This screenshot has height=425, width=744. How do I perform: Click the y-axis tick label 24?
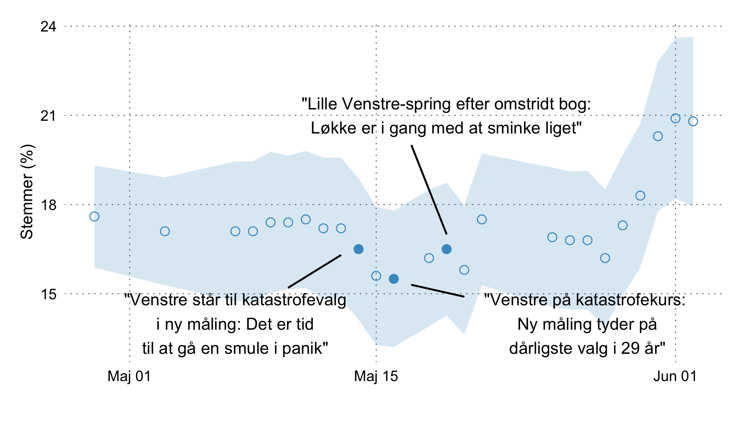click(x=48, y=27)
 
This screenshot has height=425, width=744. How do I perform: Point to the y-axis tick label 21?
click(x=48, y=116)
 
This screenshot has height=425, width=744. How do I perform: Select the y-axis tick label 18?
click(x=48, y=205)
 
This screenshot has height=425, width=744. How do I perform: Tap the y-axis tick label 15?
click(x=48, y=294)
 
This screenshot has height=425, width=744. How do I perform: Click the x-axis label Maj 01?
click(x=129, y=376)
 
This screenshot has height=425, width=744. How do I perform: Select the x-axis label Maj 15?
click(x=376, y=376)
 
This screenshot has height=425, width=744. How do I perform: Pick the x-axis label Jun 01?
click(x=675, y=376)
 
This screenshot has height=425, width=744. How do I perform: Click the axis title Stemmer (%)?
click(x=27, y=192)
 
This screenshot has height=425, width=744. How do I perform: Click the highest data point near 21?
click(x=675, y=118)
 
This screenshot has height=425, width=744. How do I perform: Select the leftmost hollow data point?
click(x=94, y=216)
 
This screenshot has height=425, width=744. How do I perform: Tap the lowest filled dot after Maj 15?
click(x=394, y=279)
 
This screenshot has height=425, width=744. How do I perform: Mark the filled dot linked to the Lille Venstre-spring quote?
click(x=446, y=249)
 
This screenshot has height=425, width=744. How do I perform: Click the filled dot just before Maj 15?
click(x=359, y=249)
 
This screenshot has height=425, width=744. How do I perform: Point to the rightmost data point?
click(x=693, y=121)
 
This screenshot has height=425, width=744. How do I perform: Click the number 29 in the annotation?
click(x=630, y=348)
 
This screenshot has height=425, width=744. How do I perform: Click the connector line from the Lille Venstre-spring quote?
click(x=429, y=189)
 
